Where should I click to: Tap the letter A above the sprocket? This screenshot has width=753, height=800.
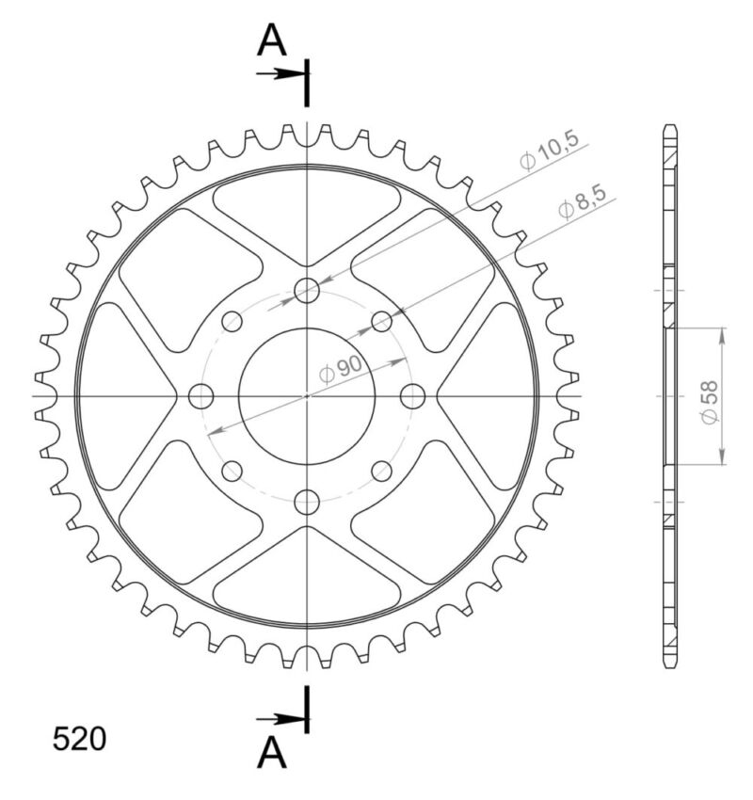(x=272, y=40)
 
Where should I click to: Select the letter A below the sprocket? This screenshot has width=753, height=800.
(x=272, y=752)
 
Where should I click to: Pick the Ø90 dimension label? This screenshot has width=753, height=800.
(x=341, y=371)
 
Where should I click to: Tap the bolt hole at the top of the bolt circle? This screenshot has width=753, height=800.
(x=307, y=291)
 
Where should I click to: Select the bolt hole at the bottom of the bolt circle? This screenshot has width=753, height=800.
(x=307, y=503)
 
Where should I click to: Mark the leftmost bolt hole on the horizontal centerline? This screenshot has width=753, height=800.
(x=201, y=396)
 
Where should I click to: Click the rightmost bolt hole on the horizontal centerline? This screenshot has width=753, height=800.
(x=412, y=396)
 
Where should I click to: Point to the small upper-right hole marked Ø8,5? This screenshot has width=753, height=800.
(x=381, y=322)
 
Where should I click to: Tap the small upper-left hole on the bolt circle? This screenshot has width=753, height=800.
(x=232, y=322)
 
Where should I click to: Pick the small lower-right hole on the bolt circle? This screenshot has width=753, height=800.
(x=381, y=471)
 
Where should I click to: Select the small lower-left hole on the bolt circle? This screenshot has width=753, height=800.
(x=232, y=471)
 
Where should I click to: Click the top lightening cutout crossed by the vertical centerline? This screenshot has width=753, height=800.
(x=307, y=212)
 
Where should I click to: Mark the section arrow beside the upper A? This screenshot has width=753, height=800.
(x=279, y=72)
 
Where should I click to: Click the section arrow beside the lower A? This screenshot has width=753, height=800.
(x=279, y=720)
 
